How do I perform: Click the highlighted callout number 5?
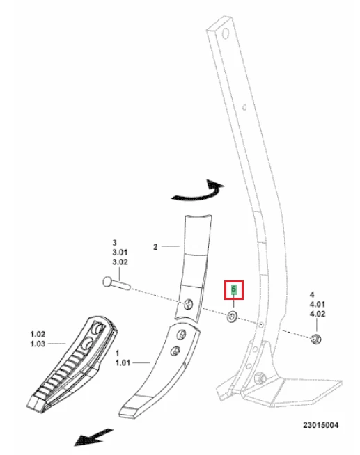tap(234, 289)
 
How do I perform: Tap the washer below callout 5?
tap(233, 317)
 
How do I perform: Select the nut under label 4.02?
tap(315, 339)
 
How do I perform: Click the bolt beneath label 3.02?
tap(117, 283)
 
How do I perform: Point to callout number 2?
tap(155, 247)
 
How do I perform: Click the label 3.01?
tap(120, 252)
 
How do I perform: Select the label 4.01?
tap(318, 305)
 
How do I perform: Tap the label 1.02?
tap(38, 334)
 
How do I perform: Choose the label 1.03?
tap(38, 344)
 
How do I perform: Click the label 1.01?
tap(123, 362)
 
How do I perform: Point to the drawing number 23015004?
tap(321, 425)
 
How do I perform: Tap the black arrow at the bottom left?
tap(93, 437)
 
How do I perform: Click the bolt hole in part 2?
tap(188, 305)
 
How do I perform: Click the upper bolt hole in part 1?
tap(181, 335)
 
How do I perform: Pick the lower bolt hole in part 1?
tap(175, 351)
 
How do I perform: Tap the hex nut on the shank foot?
tap(260, 378)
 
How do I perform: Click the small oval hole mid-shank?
tap(244, 107)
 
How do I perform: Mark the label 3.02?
tap(120, 262)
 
